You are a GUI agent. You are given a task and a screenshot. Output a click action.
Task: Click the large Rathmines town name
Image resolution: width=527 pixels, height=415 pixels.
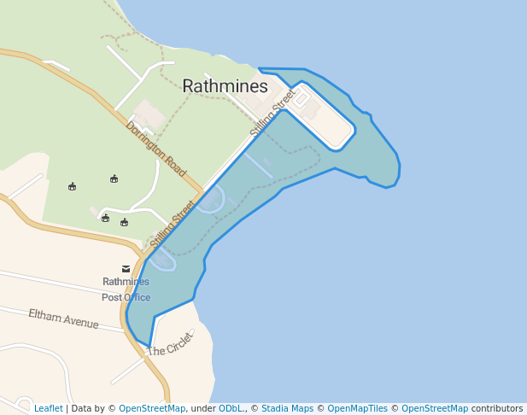225,86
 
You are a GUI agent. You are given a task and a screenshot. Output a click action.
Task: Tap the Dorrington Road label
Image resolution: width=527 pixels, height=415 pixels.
156,149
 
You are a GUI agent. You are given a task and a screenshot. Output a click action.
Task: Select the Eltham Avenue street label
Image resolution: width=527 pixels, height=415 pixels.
63,319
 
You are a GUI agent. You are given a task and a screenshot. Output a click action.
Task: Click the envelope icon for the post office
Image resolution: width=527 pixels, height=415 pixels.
126,269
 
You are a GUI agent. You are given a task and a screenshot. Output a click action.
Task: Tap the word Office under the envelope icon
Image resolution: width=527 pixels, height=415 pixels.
137,297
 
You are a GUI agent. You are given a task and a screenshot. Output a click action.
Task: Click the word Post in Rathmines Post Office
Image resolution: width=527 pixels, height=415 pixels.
112,297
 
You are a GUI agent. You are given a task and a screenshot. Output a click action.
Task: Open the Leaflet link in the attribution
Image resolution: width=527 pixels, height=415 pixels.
49,408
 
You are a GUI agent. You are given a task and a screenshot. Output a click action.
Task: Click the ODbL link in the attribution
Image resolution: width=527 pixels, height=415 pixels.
231,408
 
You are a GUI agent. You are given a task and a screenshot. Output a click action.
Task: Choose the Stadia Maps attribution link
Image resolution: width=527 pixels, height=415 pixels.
287,408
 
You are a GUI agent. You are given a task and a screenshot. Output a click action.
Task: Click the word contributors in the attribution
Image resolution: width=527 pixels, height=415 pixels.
497,408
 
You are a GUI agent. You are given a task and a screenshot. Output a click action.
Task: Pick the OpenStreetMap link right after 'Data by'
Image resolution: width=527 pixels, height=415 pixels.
152,408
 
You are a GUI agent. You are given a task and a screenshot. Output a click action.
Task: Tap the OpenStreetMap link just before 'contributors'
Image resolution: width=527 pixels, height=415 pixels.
435,408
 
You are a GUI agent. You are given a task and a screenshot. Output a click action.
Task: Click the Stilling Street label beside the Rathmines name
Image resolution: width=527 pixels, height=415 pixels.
272,114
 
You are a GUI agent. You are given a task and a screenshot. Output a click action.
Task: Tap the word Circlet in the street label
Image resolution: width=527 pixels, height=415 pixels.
179,344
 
